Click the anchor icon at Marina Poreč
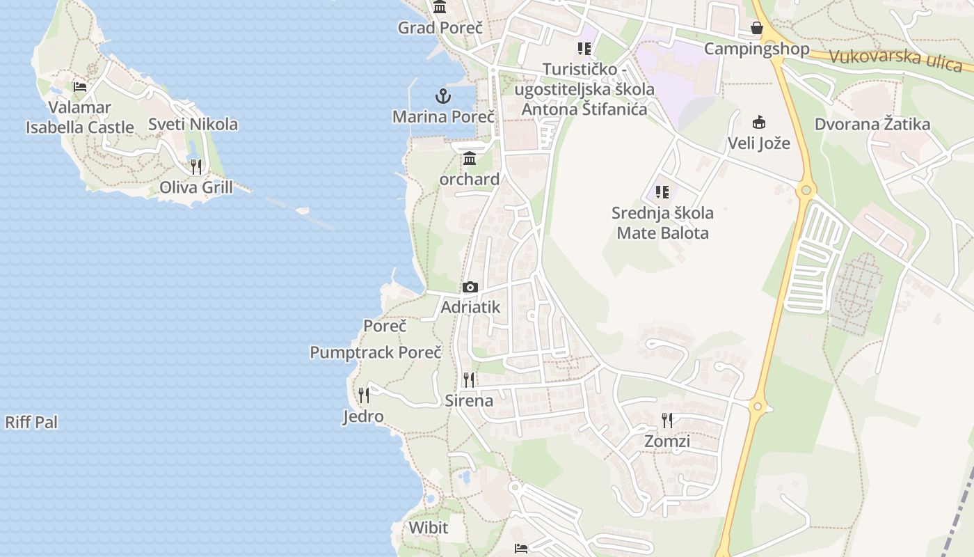443,96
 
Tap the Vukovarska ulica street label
895,59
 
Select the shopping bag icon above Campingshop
757,29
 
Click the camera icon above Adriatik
470,287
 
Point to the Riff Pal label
31,422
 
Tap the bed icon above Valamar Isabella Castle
80,87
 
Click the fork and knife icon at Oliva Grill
196,167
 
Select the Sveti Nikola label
193,125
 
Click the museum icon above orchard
470,159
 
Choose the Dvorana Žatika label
872,125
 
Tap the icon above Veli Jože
759,123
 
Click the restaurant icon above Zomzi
667,421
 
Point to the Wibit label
429,527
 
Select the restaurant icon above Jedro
363,395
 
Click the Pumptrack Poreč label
376,352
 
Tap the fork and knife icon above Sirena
469,379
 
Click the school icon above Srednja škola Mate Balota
662,191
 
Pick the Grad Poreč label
440,28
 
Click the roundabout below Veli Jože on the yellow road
806,189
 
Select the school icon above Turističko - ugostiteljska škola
584,49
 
